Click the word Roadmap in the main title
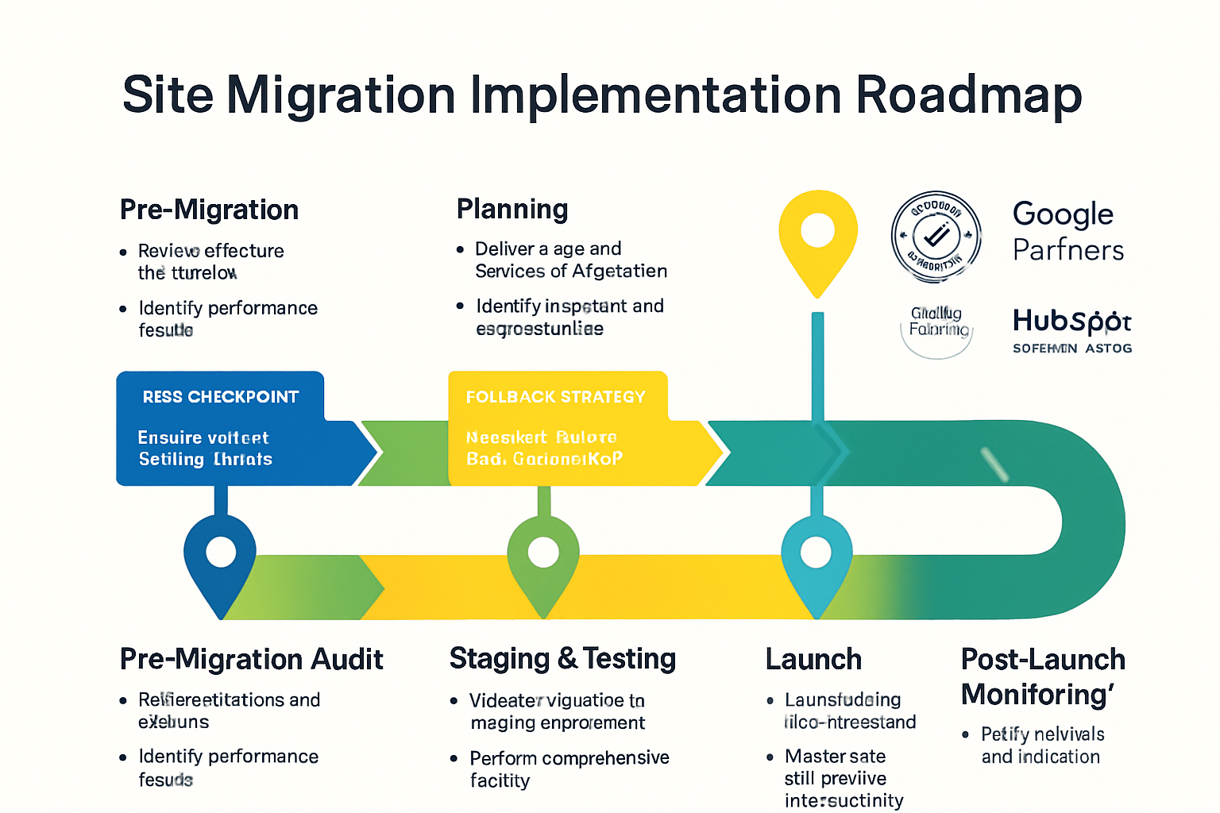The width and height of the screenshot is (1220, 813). point(968,94)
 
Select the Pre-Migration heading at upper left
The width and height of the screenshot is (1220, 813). point(209,210)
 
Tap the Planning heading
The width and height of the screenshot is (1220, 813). point(512,209)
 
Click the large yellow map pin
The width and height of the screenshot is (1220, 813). point(817,237)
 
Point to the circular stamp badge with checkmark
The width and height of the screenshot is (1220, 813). point(936,237)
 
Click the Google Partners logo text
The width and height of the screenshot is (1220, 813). point(1067,231)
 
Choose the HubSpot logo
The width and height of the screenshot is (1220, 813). point(1071,322)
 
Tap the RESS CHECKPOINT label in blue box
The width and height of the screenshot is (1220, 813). point(220,397)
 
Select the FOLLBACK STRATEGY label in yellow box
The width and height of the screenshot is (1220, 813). point(555,397)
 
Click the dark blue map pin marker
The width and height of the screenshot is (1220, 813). point(220,556)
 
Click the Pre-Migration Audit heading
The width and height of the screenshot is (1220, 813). point(251,659)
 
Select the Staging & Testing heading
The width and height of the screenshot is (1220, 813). point(562,659)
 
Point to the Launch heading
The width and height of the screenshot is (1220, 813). point(813,659)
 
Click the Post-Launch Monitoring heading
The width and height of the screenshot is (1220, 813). point(1042,676)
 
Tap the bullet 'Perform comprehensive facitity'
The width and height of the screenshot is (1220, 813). point(569,769)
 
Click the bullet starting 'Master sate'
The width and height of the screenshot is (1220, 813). point(842,778)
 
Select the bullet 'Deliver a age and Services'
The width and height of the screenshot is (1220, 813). point(570,260)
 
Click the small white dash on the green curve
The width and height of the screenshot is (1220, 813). point(994,464)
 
